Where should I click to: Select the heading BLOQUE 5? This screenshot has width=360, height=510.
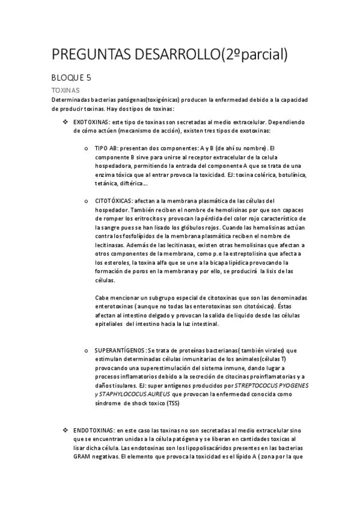(x=71, y=78)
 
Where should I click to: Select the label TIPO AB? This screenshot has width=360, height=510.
(x=106, y=148)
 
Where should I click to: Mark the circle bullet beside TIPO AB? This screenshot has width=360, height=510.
(x=88, y=148)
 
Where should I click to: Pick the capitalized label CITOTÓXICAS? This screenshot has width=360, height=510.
(x=114, y=200)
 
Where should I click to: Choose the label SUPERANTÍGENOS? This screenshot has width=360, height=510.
(x=120, y=350)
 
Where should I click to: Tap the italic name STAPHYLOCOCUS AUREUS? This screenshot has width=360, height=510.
(x=134, y=395)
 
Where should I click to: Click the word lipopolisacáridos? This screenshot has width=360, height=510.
(x=201, y=448)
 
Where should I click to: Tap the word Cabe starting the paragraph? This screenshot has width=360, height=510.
(x=103, y=298)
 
